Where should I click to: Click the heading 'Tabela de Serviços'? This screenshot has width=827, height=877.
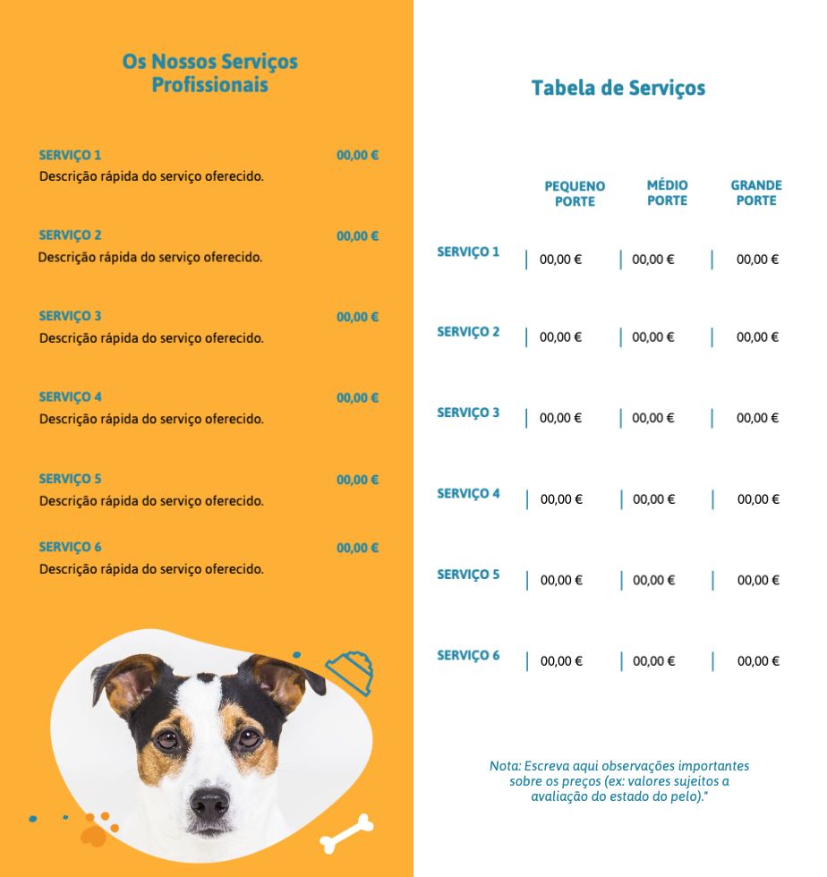pyautogui.click(x=618, y=88)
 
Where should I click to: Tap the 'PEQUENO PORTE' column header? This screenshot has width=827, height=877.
pyautogui.click(x=575, y=193)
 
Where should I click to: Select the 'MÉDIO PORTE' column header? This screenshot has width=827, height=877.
pyautogui.click(x=667, y=192)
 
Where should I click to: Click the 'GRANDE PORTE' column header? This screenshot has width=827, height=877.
pyautogui.click(x=756, y=192)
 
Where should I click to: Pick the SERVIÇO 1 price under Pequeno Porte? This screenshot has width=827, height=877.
pyautogui.click(x=560, y=260)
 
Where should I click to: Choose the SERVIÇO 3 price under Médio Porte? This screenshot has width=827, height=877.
pyautogui.click(x=653, y=418)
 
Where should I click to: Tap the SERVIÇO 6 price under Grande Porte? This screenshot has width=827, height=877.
pyautogui.click(x=758, y=661)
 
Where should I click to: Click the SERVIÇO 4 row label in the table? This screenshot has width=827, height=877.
pyautogui.click(x=468, y=494)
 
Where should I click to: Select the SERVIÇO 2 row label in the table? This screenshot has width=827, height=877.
pyautogui.click(x=468, y=332)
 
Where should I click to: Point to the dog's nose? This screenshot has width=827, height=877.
pyautogui.click(x=210, y=803)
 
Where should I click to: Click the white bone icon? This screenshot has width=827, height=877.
pyautogui.click(x=346, y=833)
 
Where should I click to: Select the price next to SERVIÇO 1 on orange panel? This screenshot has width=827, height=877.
pyautogui.click(x=357, y=155)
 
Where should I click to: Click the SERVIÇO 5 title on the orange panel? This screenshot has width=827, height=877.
pyautogui.click(x=70, y=479)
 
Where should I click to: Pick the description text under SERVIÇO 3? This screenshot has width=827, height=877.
pyautogui.click(x=151, y=338)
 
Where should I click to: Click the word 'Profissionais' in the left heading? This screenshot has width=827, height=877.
pyautogui.click(x=209, y=86)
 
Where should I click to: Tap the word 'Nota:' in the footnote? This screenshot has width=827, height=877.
pyautogui.click(x=505, y=766)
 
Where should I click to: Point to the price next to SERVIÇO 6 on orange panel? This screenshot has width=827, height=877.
pyautogui.click(x=357, y=548)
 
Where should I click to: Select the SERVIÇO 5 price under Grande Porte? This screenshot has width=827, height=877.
pyautogui.click(x=758, y=580)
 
